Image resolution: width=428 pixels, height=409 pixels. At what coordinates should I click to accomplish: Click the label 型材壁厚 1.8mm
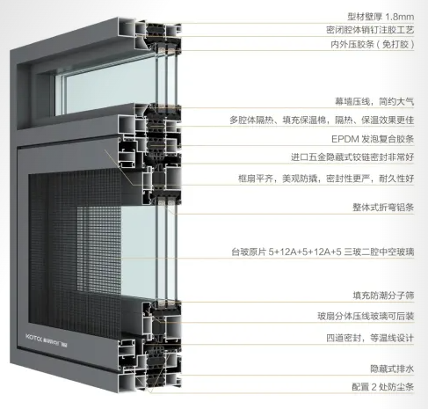point(381,17)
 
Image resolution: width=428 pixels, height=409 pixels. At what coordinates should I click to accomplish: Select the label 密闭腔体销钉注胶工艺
point(370,30)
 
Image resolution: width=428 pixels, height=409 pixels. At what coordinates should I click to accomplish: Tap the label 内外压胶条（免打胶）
point(373,44)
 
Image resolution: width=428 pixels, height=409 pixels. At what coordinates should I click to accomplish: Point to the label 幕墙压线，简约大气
point(374,102)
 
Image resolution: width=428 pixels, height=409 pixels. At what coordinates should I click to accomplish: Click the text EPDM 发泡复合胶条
point(373,139)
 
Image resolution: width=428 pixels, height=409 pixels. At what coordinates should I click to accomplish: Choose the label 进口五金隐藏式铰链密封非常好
point(352,157)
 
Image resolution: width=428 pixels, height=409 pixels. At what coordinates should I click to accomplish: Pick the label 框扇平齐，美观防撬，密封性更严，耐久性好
point(326,179)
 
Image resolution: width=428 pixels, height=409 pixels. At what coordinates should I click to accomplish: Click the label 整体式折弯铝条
point(383,208)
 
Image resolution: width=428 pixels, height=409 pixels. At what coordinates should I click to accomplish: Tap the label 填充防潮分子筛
point(383,296)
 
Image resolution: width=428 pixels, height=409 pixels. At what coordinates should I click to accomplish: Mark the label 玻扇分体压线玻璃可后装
point(366,316)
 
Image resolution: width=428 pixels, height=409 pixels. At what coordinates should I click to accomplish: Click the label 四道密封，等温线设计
point(370,338)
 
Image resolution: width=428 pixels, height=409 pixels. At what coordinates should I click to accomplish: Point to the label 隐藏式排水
point(392,369)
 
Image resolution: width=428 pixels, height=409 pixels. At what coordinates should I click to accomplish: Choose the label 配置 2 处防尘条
point(383,387)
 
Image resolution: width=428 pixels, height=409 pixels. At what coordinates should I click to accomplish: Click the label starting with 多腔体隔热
point(322,121)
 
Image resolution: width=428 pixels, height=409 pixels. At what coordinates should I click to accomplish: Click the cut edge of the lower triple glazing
point(166,252)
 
